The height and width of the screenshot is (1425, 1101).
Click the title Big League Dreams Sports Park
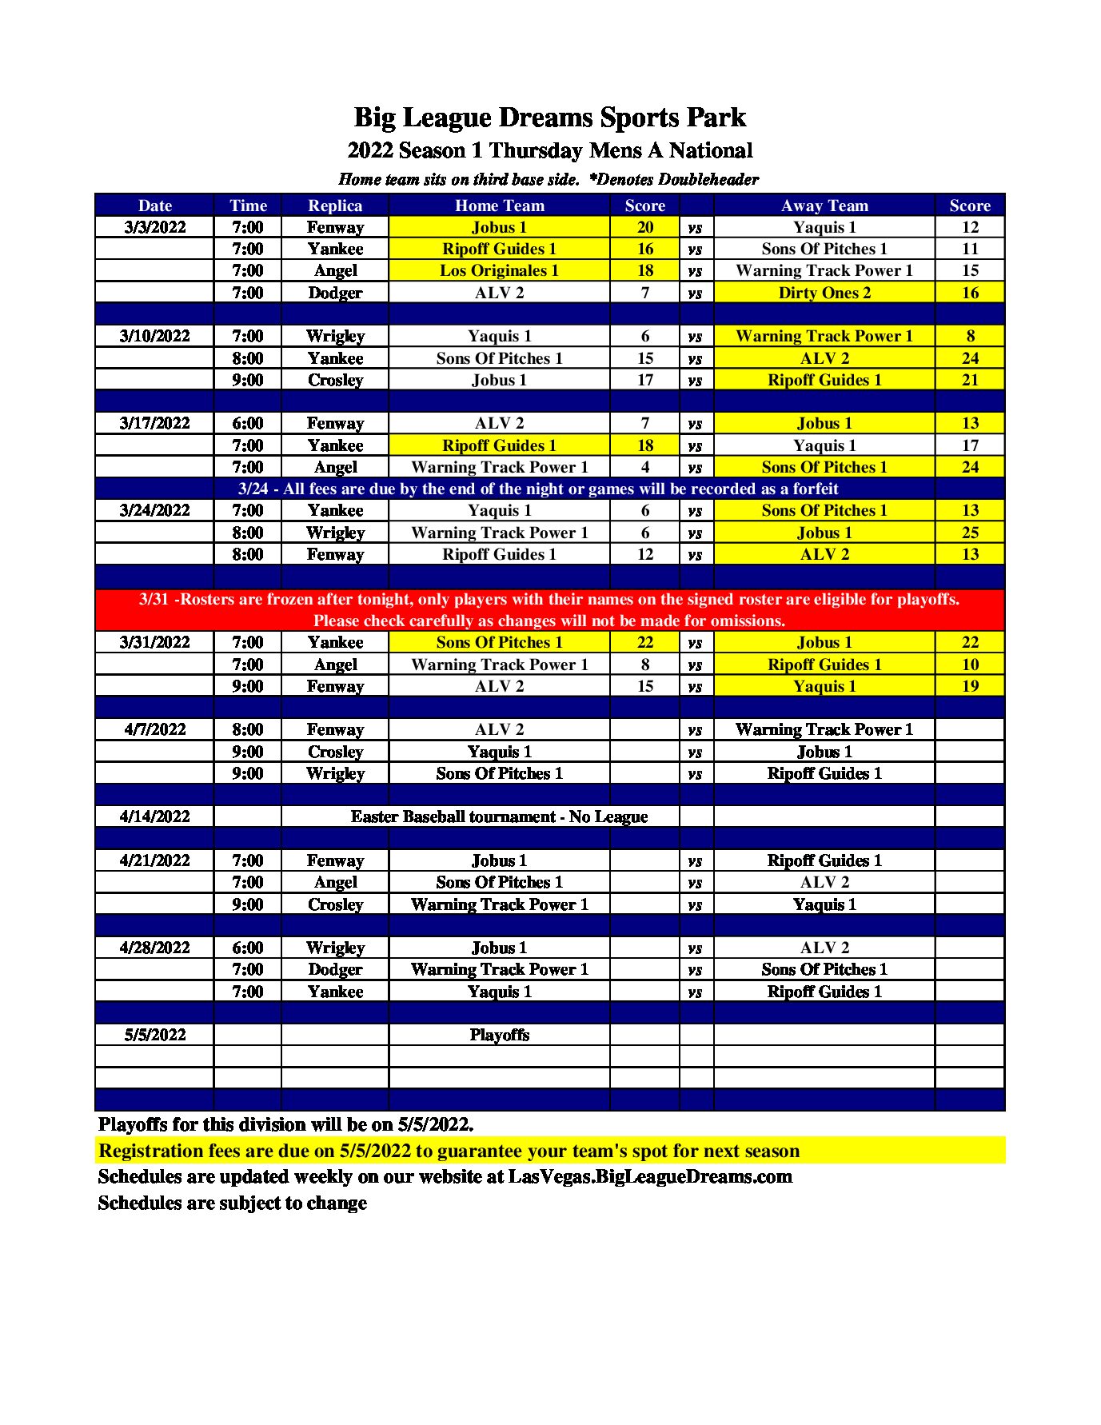click(549, 118)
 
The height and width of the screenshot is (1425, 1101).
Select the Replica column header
click(335, 206)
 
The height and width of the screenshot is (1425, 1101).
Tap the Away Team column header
click(824, 206)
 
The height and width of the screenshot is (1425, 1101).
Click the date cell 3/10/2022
click(155, 336)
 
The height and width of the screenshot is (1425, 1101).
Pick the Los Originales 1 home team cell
click(499, 270)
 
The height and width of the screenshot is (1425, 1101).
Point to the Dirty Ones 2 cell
click(824, 293)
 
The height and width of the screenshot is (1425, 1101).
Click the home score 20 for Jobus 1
click(644, 227)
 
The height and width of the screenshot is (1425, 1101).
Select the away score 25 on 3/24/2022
click(969, 533)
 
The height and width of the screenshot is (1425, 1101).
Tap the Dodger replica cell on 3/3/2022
click(335, 293)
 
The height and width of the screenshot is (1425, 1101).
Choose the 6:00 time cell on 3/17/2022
click(248, 423)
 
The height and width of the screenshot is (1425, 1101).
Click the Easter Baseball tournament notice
click(499, 816)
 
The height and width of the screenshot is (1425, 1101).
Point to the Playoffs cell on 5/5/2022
click(499, 1035)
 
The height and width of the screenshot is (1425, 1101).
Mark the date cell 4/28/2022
click(155, 948)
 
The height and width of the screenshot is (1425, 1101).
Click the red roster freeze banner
click(549, 609)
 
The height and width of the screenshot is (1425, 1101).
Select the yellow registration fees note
click(449, 1151)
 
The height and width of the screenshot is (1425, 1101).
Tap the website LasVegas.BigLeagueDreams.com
click(650, 1176)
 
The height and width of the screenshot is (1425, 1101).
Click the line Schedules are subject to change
click(232, 1203)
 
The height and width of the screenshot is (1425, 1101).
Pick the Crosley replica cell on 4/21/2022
click(335, 904)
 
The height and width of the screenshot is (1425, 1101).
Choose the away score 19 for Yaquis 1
click(969, 686)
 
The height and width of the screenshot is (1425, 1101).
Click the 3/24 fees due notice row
click(538, 489)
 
